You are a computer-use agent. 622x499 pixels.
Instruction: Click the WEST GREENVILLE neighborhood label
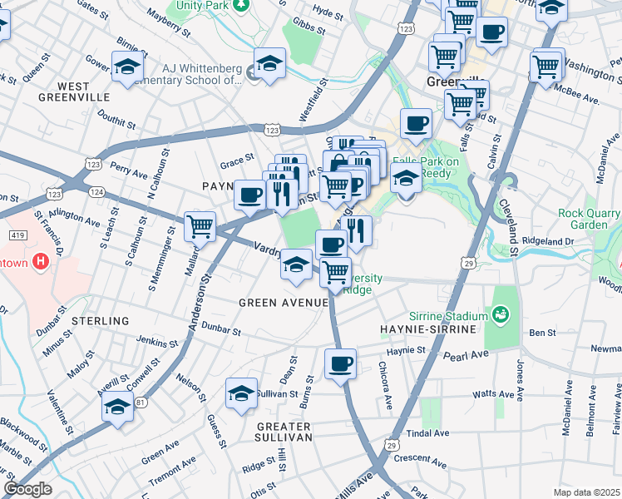click(73, 91)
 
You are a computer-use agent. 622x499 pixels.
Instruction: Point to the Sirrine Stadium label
click(447, 316)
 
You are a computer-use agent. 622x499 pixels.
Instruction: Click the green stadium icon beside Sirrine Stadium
click(501, 314)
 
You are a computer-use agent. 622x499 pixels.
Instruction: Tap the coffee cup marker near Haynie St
click(339, 364)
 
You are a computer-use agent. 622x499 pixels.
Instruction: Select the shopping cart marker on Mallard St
click(200, 226)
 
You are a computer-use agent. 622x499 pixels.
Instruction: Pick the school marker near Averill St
click(118, 407)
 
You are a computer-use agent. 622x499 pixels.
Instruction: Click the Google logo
click(27, 489)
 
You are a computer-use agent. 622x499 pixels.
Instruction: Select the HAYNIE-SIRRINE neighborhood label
click(427, 330)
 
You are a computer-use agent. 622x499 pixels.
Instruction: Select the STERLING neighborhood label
click(101, 320)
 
